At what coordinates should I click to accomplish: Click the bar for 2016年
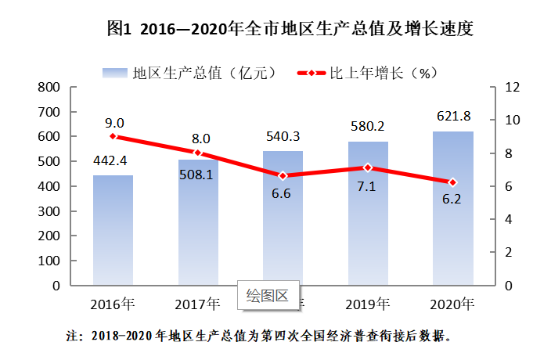point(113,230)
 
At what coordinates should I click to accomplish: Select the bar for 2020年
point(452,208)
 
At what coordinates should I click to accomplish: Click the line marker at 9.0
point(113,136)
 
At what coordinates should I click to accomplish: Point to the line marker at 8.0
point(198,153)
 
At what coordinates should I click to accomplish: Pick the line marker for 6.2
point(452,182)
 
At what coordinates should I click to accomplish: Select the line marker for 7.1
point(368,167)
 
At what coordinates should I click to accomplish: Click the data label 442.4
point(113,161)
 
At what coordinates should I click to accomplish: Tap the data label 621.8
point(453,117)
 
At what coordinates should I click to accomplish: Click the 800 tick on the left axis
point(49,87)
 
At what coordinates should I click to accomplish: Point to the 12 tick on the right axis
point(512,87)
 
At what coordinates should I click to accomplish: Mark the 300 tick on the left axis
point(49,211)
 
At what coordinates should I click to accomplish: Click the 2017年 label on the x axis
point(198,304)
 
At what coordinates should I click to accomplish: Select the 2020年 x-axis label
point(453,304)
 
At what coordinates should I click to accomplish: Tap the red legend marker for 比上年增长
point(311,73)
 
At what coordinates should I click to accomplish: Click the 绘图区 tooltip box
point(268,295)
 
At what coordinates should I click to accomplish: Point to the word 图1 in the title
point(117,30)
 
